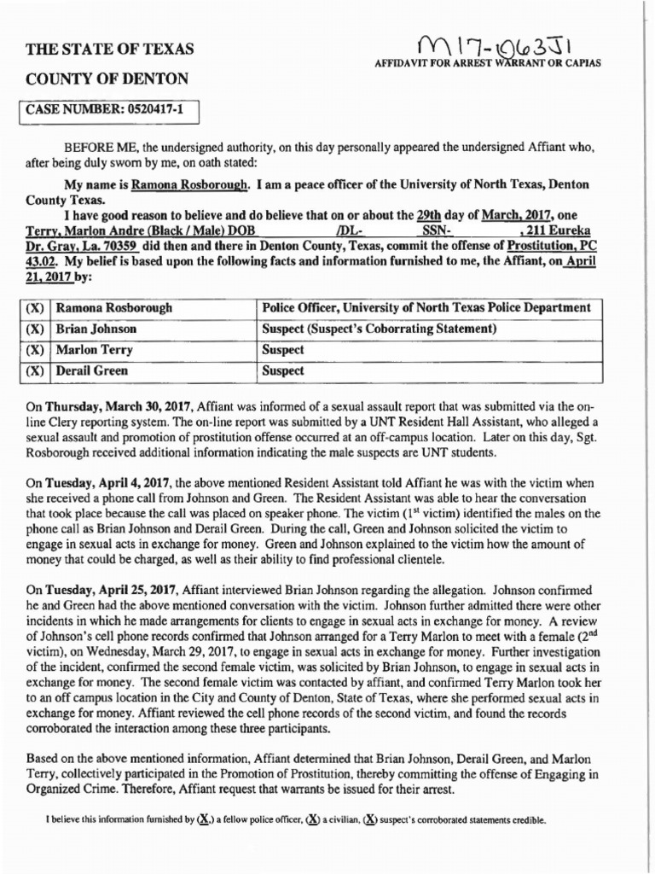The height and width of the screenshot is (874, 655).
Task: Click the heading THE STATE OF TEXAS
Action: point(110,49)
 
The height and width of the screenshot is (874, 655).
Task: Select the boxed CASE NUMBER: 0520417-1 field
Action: point(108,109)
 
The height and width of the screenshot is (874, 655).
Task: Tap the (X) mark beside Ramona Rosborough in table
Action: point(35,306)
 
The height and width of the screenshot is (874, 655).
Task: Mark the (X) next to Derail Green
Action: point(35,371)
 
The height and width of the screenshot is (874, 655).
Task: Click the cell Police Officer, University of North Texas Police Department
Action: point(425,306)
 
